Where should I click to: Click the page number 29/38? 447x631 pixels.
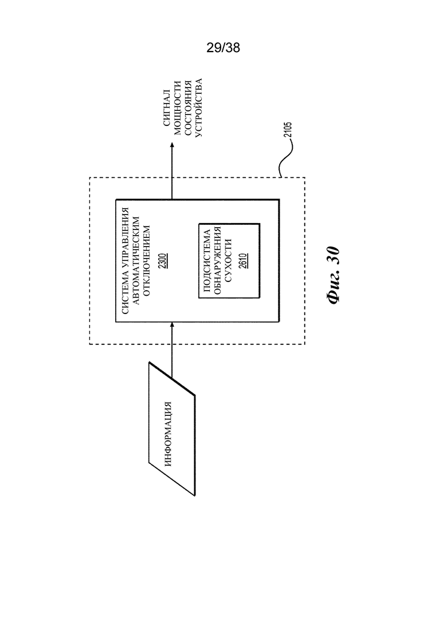[x=223, y=47]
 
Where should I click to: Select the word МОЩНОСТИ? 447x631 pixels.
[x=177, y=108]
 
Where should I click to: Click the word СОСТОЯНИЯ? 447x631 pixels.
[x=188, y=108]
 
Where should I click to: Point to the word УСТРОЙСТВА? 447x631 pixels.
[x=198, y=108]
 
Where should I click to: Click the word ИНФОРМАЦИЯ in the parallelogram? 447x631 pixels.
[x=168, y=434]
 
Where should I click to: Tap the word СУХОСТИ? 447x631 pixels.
[x=228, y=261]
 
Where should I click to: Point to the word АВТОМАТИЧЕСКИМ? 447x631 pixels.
[x=136, y=261]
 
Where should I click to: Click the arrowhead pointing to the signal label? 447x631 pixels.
[x=172, y=145]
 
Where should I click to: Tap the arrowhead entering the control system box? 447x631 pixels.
[x=172, y=326]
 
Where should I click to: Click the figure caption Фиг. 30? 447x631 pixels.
[x=334, y=275]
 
